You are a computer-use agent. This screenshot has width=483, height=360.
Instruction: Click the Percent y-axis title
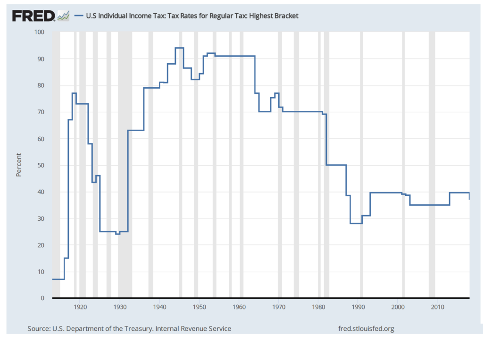(x=19, y=165)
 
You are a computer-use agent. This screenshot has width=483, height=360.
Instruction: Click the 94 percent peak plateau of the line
(x=179, y=48)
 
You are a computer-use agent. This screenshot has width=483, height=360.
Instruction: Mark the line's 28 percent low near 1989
(x=356, y=223)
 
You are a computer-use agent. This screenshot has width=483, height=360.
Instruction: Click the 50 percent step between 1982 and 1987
(x=336, y=165)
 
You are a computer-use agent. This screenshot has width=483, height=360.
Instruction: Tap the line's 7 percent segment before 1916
(x=58, y=279)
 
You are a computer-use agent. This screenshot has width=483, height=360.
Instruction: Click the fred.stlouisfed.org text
(x=366, y=328)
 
